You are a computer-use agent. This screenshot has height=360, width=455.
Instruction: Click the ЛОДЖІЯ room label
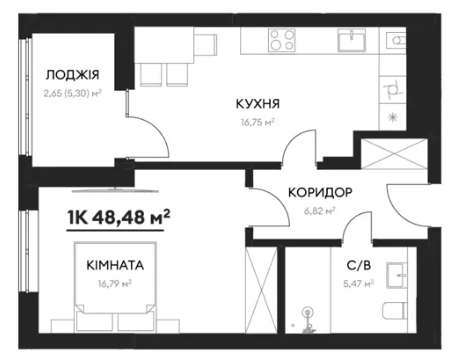pos(72,75)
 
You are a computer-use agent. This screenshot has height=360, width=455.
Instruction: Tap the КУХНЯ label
pos(258,104)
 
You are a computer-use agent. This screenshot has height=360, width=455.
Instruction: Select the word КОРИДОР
pos(320,192)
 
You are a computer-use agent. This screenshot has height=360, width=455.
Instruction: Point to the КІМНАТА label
pos(115,265)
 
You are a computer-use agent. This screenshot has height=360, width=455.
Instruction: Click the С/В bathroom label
pos(359,265)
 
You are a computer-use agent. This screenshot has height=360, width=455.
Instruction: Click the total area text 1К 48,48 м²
pos(118,217)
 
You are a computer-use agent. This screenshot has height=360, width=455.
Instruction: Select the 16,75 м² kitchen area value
pos(258,122)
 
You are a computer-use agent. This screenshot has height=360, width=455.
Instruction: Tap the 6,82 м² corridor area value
pos(319,211)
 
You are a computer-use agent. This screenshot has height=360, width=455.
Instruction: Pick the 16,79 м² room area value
pos(115,284)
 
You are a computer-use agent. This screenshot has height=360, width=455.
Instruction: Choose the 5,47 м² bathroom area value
pos(359,284)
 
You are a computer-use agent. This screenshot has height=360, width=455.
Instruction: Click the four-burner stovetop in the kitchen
pos(282,40)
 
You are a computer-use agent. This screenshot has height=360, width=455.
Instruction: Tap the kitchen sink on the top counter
pos(351,40)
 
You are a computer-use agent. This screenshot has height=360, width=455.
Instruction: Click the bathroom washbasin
pos(397,275)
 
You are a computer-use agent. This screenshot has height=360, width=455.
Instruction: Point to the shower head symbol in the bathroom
pos(307,313)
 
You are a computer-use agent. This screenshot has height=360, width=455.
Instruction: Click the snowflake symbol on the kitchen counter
pos(393,117)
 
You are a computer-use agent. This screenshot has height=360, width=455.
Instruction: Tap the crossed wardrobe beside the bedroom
pos(261,290)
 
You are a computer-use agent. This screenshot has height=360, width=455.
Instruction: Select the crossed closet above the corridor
pos(394,154)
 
